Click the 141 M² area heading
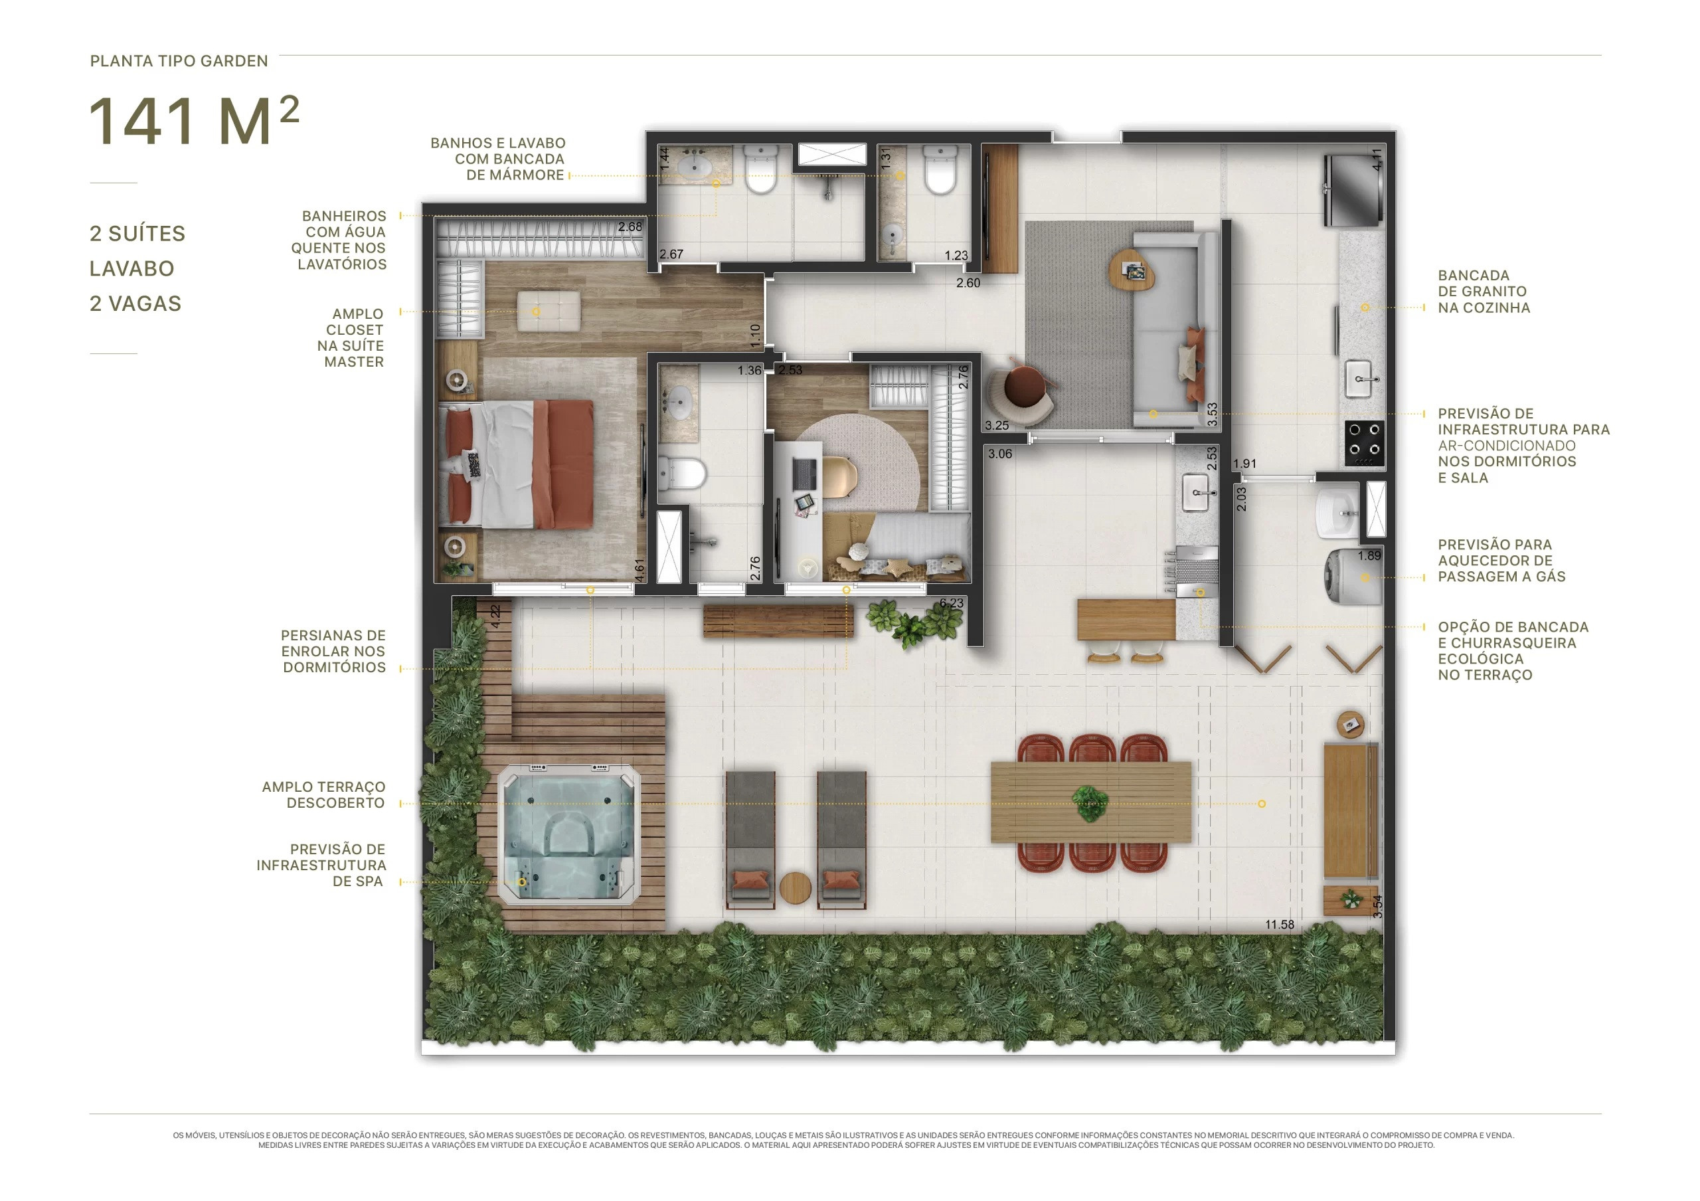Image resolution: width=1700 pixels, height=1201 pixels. pos(194,122)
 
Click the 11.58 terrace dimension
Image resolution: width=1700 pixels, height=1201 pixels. pos(1280,924)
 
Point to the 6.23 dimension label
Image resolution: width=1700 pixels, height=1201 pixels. pos(952,603)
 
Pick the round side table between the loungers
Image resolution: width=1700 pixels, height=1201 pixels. pos(796,887)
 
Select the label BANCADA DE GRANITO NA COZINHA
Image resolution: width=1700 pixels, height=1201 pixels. pos(1484,292)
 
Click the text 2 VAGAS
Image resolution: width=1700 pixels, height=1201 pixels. pos(135,304)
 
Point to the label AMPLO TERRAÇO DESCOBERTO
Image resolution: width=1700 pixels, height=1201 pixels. pos(323,794)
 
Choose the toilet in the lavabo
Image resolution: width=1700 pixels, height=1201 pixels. pos(941,170)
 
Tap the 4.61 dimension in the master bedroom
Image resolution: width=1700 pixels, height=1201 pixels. pos(639,569)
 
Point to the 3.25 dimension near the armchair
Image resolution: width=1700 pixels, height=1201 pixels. pos(997,426)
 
